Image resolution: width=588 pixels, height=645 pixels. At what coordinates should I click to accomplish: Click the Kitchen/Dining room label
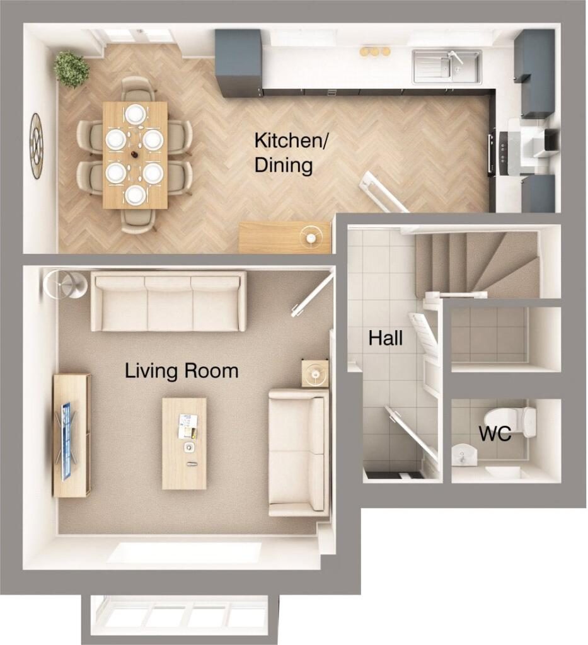[x=291, y=152]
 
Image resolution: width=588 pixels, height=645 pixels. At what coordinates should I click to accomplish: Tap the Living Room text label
[x=182, y=371]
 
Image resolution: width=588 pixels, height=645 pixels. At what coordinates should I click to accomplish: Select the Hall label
[x=385, y=338]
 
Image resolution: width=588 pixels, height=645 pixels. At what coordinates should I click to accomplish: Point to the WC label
[x=495, y=433]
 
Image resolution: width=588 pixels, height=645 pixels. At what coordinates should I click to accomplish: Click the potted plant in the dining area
[x=72, y=69]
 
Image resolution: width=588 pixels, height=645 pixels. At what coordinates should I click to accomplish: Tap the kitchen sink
[x=447, y=66]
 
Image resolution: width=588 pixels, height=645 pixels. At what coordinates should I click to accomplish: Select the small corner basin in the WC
[x=463, y=455]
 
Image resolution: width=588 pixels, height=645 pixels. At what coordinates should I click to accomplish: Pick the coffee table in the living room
[x=185, y=443]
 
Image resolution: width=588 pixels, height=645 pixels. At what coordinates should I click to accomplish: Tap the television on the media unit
[x=67, y=441]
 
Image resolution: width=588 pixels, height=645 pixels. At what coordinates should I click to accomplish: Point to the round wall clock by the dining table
[x=37, y=146]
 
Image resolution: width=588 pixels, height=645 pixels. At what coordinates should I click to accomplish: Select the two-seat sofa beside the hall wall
[x=299, y=452]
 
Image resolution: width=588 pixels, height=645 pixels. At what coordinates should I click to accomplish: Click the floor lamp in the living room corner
[x=65, y=284]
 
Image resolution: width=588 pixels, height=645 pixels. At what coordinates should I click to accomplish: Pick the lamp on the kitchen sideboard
[x=311, y=237]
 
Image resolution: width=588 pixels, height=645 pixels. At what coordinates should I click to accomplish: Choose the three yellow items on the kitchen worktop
[x=375, y=52]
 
